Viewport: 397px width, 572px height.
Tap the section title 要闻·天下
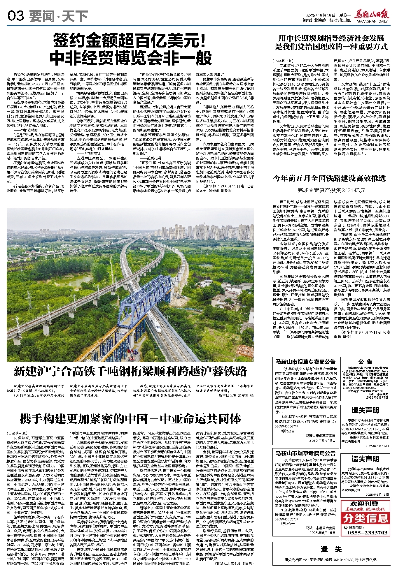pos(58,16)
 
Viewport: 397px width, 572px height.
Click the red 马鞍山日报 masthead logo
pos(372,15)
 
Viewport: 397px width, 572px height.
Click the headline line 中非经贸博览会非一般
pos(130,58)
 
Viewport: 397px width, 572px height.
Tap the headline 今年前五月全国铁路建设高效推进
pos(330,178)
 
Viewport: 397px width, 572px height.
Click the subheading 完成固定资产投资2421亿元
pos(331,190)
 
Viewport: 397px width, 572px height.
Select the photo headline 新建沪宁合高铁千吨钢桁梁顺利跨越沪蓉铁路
pos(130,372)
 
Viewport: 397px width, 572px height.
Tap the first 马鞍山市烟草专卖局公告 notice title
pos(305,362)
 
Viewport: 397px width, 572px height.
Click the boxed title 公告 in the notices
pos(365,362)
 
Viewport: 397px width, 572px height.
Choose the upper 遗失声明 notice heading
pos(365,410)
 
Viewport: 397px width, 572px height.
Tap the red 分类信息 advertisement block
pos(365,518)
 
